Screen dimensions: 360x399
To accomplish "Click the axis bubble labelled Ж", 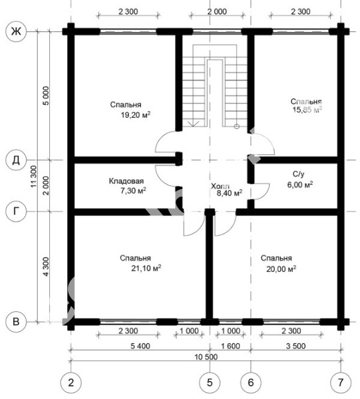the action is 16,31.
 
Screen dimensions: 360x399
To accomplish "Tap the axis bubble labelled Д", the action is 16,160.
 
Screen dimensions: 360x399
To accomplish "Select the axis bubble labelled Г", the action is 16,211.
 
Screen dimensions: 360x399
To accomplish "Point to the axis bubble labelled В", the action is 16,322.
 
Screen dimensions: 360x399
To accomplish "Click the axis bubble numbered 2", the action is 71,382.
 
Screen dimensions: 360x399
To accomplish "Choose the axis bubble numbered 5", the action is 210,382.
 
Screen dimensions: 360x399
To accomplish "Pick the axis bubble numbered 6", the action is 251,382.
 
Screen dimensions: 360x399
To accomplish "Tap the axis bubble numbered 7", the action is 341,382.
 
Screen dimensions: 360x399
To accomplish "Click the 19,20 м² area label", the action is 136,115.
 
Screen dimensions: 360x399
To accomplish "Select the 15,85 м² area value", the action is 307,110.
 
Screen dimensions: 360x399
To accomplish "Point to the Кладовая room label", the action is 126,181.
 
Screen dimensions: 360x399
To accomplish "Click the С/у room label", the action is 298,174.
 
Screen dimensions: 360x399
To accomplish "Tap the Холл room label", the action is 220,186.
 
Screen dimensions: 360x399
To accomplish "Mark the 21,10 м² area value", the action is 146,268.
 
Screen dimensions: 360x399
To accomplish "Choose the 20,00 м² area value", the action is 281,269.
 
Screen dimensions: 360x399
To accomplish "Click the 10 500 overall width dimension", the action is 206,357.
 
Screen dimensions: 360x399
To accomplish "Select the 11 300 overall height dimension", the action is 34,177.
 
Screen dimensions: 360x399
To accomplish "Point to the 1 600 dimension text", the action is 230,346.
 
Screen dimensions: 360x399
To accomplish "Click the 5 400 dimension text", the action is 140,346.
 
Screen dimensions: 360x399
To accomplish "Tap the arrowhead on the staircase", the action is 194,124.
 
